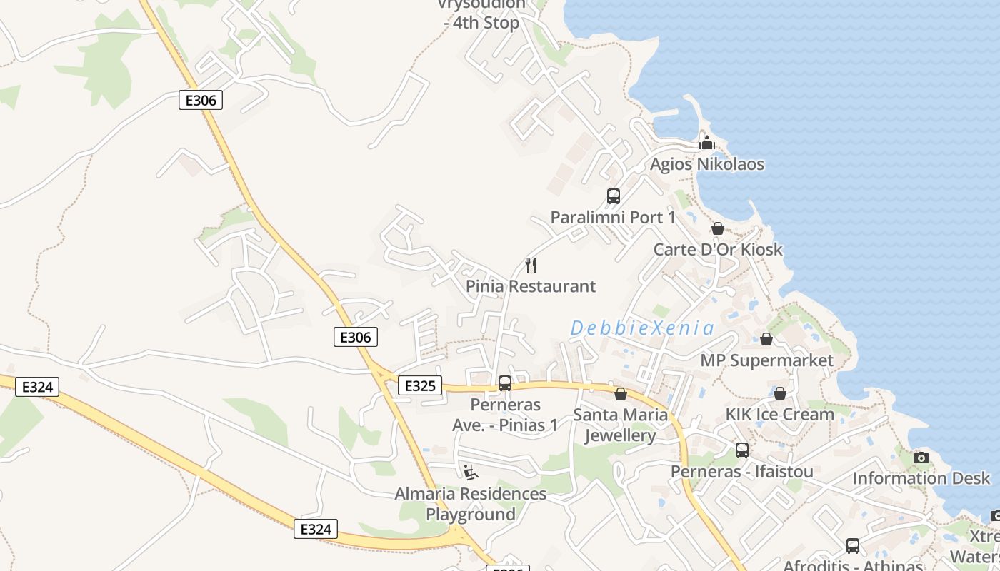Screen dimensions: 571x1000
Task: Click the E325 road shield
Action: (x=419, y=386)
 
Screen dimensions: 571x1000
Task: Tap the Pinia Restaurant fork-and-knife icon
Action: (x=531, y=266)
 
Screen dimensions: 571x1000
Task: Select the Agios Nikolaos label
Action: (x=706, y=164)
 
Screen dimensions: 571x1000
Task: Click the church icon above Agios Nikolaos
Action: (x=707, y=143)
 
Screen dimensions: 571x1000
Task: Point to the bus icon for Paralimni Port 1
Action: (x=613, y=196)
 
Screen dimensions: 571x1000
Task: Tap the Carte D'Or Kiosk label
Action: (x=718, y=250)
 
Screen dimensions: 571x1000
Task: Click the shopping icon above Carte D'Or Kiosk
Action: (x=718, y=228)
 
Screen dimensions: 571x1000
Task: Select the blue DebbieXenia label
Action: (x=642, y=328)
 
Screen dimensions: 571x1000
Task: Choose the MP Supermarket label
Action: (x=766, y=360)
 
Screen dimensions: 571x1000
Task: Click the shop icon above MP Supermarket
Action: (x=766, y=339)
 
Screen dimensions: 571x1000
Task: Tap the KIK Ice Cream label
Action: (x=779, y=414)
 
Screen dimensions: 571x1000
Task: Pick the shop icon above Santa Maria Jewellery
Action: (x=621, y=394)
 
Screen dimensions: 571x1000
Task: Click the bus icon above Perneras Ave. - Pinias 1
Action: (x=505, y=383)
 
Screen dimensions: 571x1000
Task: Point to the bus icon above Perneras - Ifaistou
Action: (x=742, y=450)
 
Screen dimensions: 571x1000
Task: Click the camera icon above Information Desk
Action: (x=921, y=458)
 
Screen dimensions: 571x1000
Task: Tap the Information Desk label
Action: (x=921, y=478)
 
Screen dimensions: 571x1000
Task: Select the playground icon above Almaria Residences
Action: (x=470, y=473)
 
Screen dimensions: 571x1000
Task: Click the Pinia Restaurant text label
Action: (x=531, y=286)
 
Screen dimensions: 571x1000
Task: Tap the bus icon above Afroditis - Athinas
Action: (x=852, y=546)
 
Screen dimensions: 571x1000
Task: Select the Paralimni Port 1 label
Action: (x=613, y=217)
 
